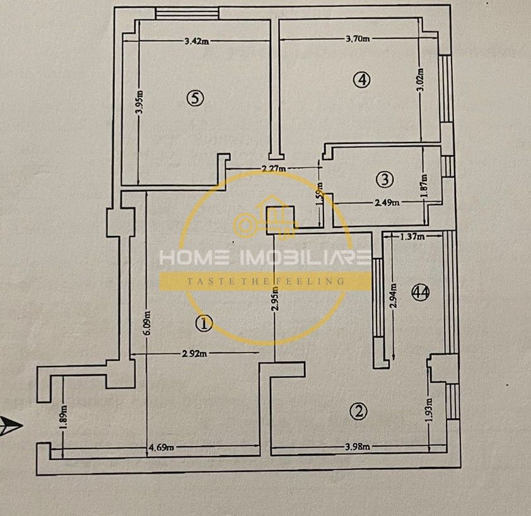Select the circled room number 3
(x=383, y=179)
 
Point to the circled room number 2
(x=358, y=411)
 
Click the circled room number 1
(x=204, y=324)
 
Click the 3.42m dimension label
(x=197, y=42)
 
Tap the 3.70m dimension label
(x=358, y=38)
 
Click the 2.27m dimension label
(x=274, y=168)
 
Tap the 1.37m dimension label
(x=412, y=237)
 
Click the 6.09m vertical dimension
(x=147, y=325)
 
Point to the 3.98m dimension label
(x=358, y=447)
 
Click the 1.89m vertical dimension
(x=64, y=417)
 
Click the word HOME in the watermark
(x=187, y=257)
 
